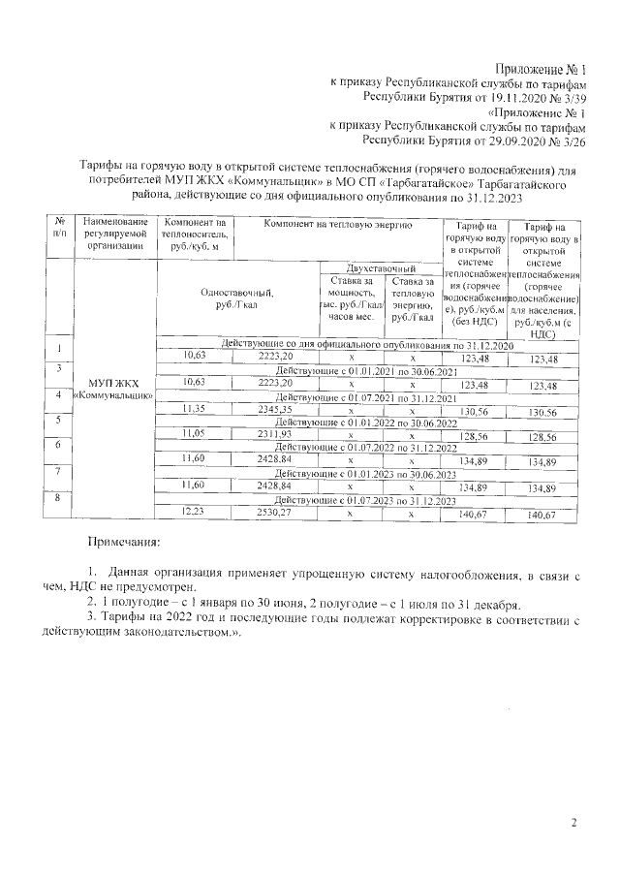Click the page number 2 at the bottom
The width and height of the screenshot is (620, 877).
tap(573, 824)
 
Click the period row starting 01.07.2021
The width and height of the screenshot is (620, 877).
tap(365, 397)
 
